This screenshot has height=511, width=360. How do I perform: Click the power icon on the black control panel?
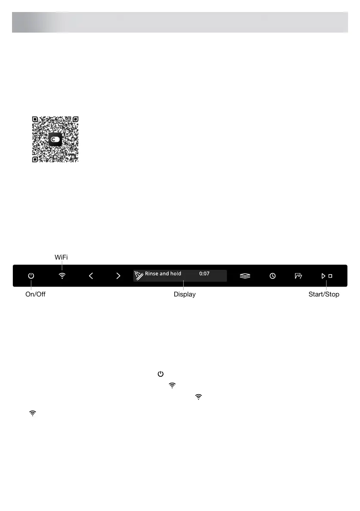(31, 276)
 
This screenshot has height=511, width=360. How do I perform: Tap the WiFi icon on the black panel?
(62, 276)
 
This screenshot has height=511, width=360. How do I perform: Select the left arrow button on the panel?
(91, 276)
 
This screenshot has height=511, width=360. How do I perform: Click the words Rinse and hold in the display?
(163, 274)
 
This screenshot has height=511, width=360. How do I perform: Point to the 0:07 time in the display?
(204, 274)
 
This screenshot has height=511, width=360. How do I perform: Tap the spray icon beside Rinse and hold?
(139, 275)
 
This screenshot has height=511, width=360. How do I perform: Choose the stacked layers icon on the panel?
(245, 276)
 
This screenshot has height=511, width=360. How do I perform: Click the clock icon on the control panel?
(273, 276)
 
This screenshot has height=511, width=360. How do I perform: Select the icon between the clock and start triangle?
(298, 276)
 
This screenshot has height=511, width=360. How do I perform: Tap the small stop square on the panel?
(330, 276)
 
